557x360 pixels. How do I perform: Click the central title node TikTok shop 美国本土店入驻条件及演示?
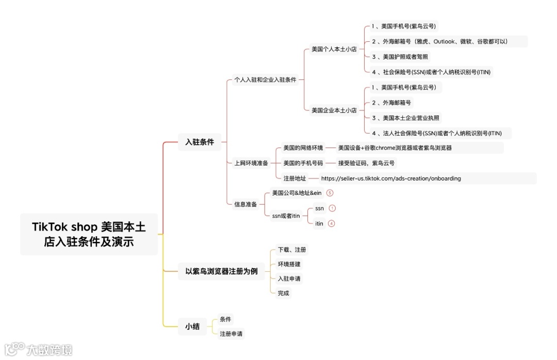point(89,234)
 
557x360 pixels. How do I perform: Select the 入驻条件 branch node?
point(200,142)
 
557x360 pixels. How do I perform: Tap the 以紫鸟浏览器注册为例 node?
point(221,271)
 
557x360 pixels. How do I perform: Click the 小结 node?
point(192,326)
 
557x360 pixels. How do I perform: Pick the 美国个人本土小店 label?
point(334,49)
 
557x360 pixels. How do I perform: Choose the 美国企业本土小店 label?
point(334,110)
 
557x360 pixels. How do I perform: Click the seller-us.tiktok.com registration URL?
point(390,178)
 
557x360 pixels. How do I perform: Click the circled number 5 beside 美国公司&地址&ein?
point(330,192)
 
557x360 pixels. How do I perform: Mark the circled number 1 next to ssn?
point(332,208)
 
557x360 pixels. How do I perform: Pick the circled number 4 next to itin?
point(331,223)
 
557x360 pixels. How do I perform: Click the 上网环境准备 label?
point(251,163)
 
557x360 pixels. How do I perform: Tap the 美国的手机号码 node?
point(303,163)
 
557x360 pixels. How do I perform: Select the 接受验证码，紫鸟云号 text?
point(366,163)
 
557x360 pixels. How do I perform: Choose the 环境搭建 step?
point(289,264)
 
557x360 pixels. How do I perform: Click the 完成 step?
point(283,293)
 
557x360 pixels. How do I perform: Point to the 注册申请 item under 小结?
point(231,334)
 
